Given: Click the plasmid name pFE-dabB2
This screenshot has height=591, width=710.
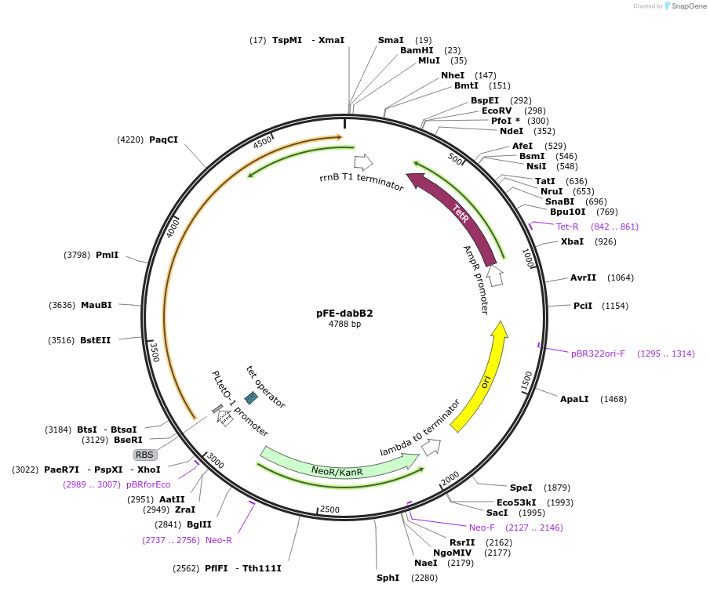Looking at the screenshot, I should coord(344,313).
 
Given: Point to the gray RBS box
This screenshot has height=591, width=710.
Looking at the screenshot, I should coord(145,455).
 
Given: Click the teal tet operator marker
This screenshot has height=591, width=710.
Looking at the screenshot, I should coord(251,398).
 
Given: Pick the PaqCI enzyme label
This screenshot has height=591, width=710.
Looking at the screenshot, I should coord(163,140).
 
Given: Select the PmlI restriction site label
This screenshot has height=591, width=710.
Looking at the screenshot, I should coord(107,255).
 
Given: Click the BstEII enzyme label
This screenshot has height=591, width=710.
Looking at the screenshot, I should coord(95,340).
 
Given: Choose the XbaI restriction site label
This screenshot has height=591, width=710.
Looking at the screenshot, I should coord(572,241).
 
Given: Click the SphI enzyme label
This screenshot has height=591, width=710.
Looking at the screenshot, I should coord(388,578).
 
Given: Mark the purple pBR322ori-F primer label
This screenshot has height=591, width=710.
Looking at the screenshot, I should coord(598,354).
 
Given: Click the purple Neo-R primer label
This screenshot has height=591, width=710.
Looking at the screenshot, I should coord(219,540).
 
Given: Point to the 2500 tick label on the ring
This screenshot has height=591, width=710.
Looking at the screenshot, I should coord(329,509).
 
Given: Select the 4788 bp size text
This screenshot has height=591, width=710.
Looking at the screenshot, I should coord(344,325).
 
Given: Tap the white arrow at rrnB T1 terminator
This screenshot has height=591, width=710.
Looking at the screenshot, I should coord(363,162).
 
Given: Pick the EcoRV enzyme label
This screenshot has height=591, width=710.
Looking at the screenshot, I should coord(497,111).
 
